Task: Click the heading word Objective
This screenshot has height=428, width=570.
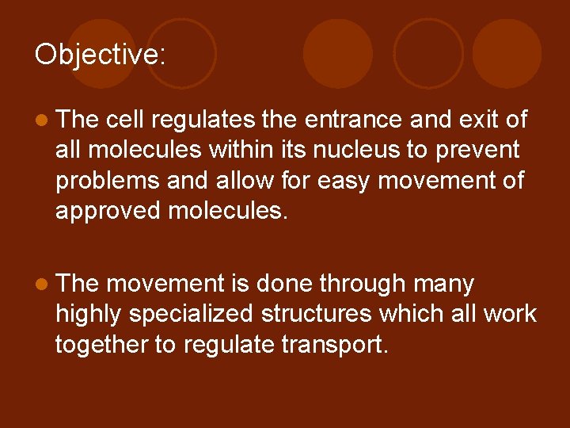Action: (99, 55)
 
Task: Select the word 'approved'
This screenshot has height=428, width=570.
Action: (108, 211)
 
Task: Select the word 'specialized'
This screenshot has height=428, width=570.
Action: (188, 314)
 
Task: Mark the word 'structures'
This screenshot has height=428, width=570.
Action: (313, 314)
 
